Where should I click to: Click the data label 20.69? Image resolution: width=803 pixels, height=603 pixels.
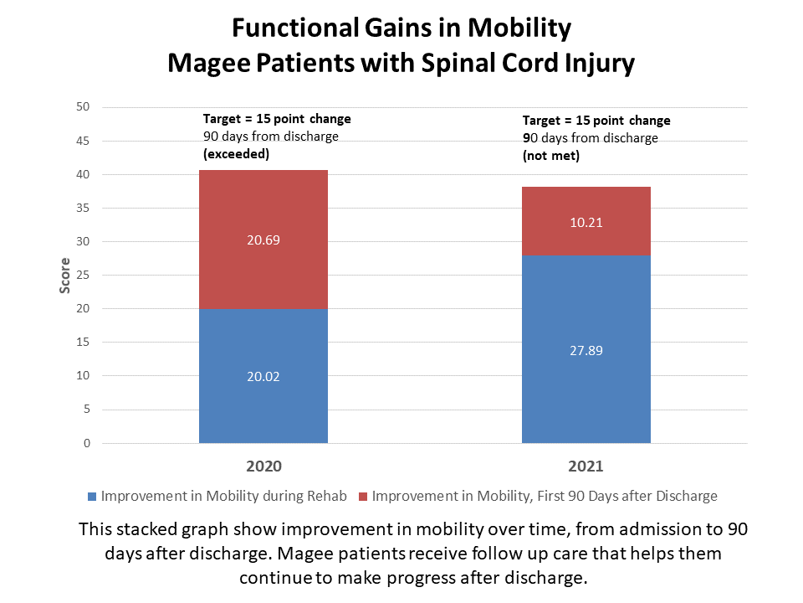pos(263,240)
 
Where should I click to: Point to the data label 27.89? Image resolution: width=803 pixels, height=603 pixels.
pos(586,350)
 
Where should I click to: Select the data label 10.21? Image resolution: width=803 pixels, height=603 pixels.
pos(586,223)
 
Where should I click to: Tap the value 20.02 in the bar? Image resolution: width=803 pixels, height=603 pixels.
pos(263,377)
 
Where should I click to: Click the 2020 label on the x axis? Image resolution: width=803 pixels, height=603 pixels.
pos(263,466)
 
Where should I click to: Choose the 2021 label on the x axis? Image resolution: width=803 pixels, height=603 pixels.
pos(586,466)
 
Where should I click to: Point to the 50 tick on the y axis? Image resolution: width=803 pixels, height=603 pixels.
pos(83,107)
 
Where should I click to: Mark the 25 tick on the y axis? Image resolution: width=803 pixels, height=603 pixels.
pos(83,276)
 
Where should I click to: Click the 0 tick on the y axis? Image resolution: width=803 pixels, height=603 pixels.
pos(86,443)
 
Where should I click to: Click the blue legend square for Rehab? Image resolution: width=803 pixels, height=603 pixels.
pos(91,497)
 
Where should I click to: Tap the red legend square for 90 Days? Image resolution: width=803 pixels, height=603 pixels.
pos(362,497)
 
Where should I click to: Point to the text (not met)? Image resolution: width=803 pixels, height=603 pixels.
pos(551,156)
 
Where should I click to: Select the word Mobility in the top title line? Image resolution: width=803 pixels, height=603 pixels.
pos(518,28)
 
